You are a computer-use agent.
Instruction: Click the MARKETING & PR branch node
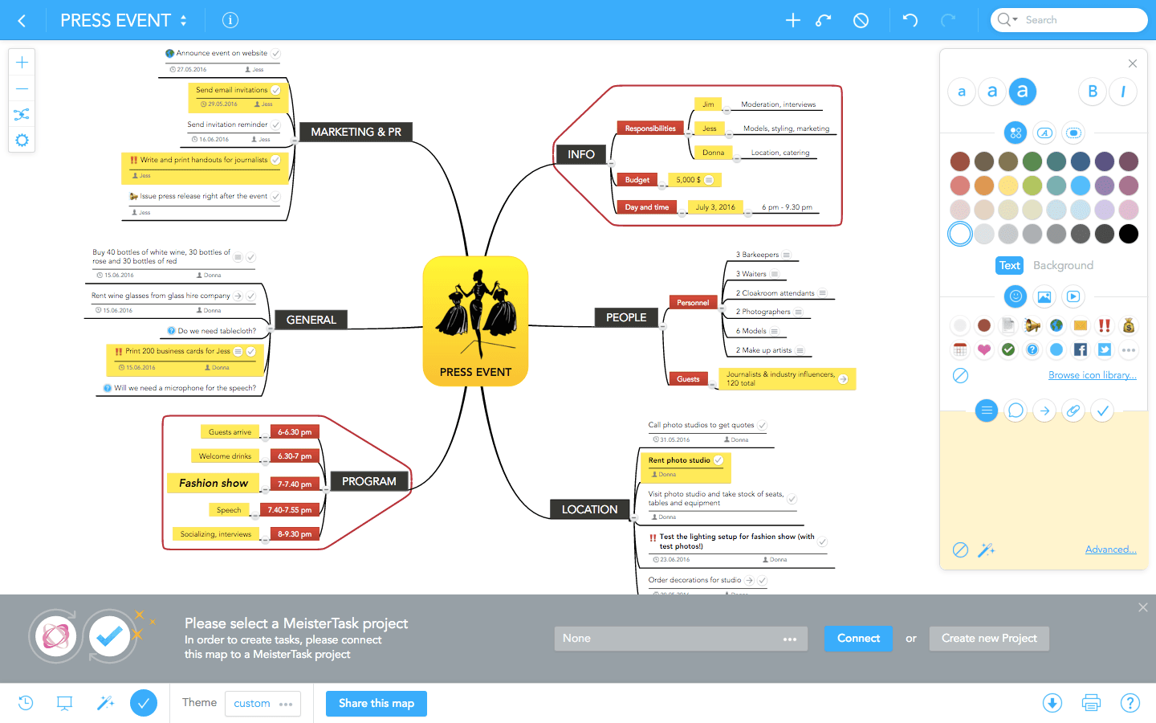[x=356, y=132]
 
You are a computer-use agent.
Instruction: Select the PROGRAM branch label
[x=368, y=481]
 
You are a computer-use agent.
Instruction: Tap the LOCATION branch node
[x=589, y=509]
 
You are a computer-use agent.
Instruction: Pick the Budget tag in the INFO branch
[x=637, y=180]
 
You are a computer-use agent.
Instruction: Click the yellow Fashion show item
[x=214, y=483]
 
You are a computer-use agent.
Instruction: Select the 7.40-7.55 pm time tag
[x=289, y=510]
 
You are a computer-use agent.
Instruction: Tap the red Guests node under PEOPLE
[x=688, y=379]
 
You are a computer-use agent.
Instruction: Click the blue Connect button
[x=858, y=639]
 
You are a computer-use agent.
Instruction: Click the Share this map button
[x=377, y=704]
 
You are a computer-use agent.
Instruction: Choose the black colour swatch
[x=1129, y=234]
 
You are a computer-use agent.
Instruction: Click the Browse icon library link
[x=1092, y=375]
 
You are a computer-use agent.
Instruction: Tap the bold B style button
[x=1093, y=92]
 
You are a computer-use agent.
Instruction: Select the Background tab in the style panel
[x=1063, y=265]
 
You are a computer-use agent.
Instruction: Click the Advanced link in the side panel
[x=1110, y=549]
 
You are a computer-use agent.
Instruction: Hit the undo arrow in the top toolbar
[x=910, y=20]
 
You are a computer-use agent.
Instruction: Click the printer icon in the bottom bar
[x=1091, y=704]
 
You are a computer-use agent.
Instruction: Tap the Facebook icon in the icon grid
[x=1081, y=349]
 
